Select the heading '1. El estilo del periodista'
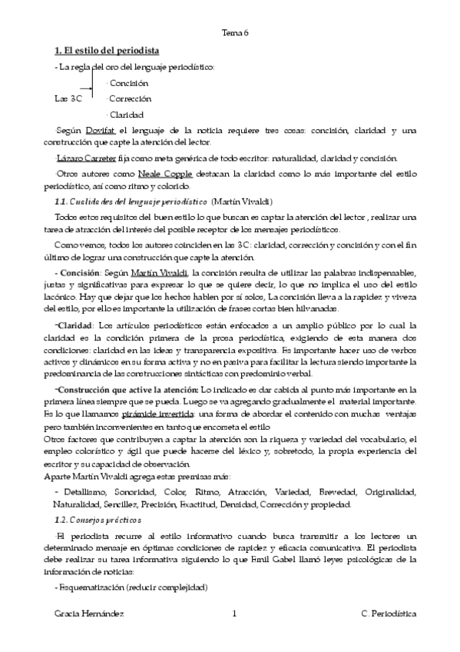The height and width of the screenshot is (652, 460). pos(107,51)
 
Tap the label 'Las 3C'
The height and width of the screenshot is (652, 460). pos(69,99)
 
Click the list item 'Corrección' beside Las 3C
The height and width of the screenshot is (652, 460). pos(130,99)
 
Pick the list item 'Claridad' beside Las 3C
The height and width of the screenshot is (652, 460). pos(127,115)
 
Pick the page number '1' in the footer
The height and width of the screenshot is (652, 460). pos(233,614)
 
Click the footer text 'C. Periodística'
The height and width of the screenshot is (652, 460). pos(389,614)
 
